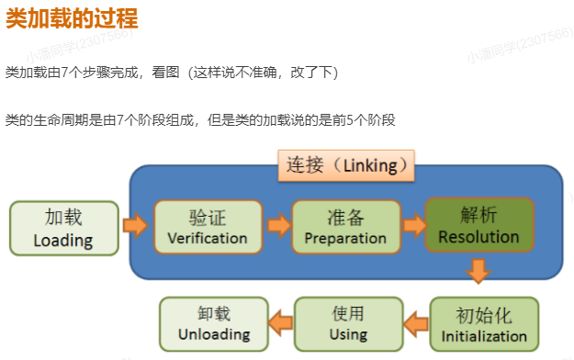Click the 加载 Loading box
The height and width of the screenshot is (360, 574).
(64, 228)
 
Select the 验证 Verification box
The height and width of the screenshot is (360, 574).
(208, 227)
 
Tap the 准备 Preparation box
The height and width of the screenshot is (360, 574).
(345, 227)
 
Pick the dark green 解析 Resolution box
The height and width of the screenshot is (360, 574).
(478, 225)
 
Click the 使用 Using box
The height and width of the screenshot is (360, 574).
(349, 322)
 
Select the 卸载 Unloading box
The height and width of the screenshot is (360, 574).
(214, 322)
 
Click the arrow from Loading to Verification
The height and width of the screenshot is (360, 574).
(136, 224)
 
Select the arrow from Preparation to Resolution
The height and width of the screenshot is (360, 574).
(413, 223)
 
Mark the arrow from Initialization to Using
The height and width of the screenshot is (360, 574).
(417, 321)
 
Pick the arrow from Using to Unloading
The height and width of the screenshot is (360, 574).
(279, 321)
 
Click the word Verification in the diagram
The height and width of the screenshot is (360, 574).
(208, 238)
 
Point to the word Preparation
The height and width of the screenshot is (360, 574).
(345, 238)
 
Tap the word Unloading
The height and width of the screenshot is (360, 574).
(214, 333)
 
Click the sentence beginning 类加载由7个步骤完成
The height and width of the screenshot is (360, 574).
(171, 72)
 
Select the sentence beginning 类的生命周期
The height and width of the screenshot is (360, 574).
(200, 120)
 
